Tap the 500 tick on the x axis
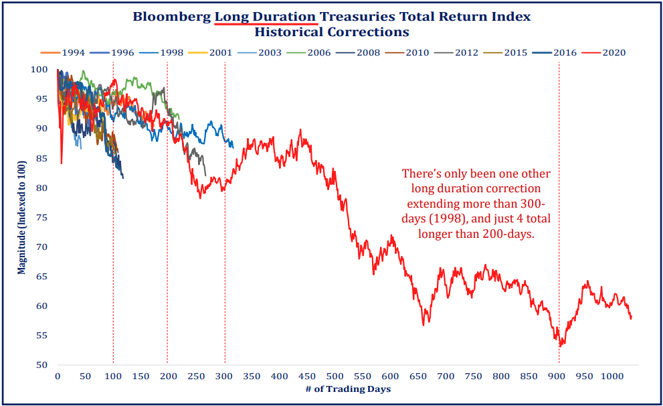pyautogui.click(x=335, y=377)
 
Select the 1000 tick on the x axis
pyautogui.click(x=610, y=377)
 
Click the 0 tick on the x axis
pyautogui.click(x=58, y=377)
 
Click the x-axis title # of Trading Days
pyautogui.click(x=348, y=389)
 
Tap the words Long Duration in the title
pyautogui.click(x=265, y=16)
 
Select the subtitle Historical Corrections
pyautogui.click(x=332, y=31)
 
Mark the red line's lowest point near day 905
pyautogui.click(x=561, y=346)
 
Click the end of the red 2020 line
pyautogui.click(x=631, y=318)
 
